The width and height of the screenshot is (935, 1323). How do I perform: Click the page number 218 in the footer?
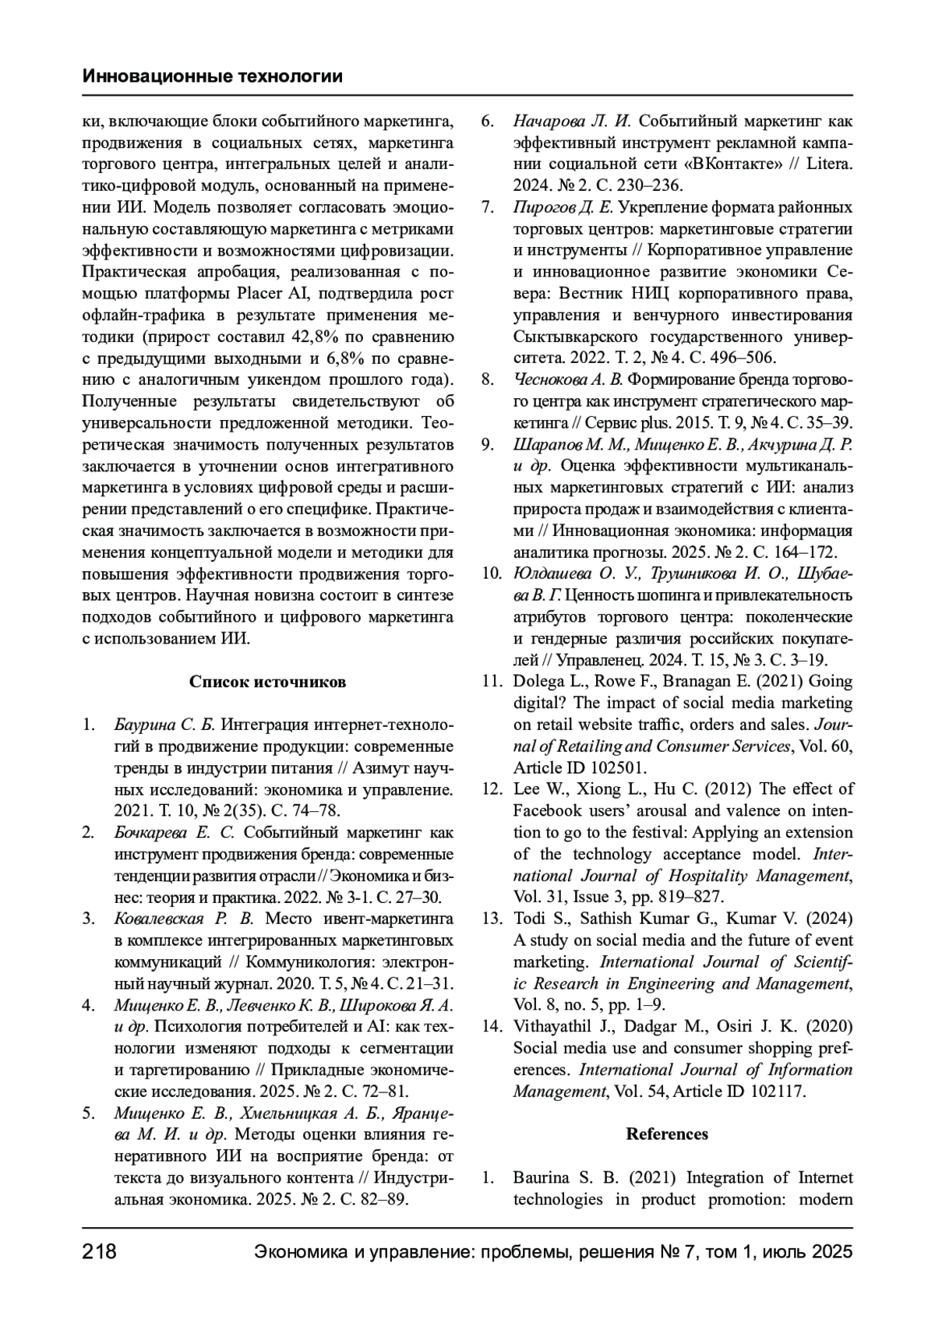pos(99,1252)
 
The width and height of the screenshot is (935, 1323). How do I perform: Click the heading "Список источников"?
pos(267,682)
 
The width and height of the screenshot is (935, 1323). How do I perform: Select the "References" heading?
pos(667,1134)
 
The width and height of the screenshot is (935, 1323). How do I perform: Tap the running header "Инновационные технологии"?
pos(213,76)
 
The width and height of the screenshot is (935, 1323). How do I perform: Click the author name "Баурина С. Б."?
pos(164,725)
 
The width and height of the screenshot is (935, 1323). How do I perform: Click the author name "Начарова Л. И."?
pos(573,122)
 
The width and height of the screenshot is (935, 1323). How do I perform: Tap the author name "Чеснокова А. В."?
pos(568,379)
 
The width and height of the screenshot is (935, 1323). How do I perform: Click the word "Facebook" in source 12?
pos(545,811)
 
